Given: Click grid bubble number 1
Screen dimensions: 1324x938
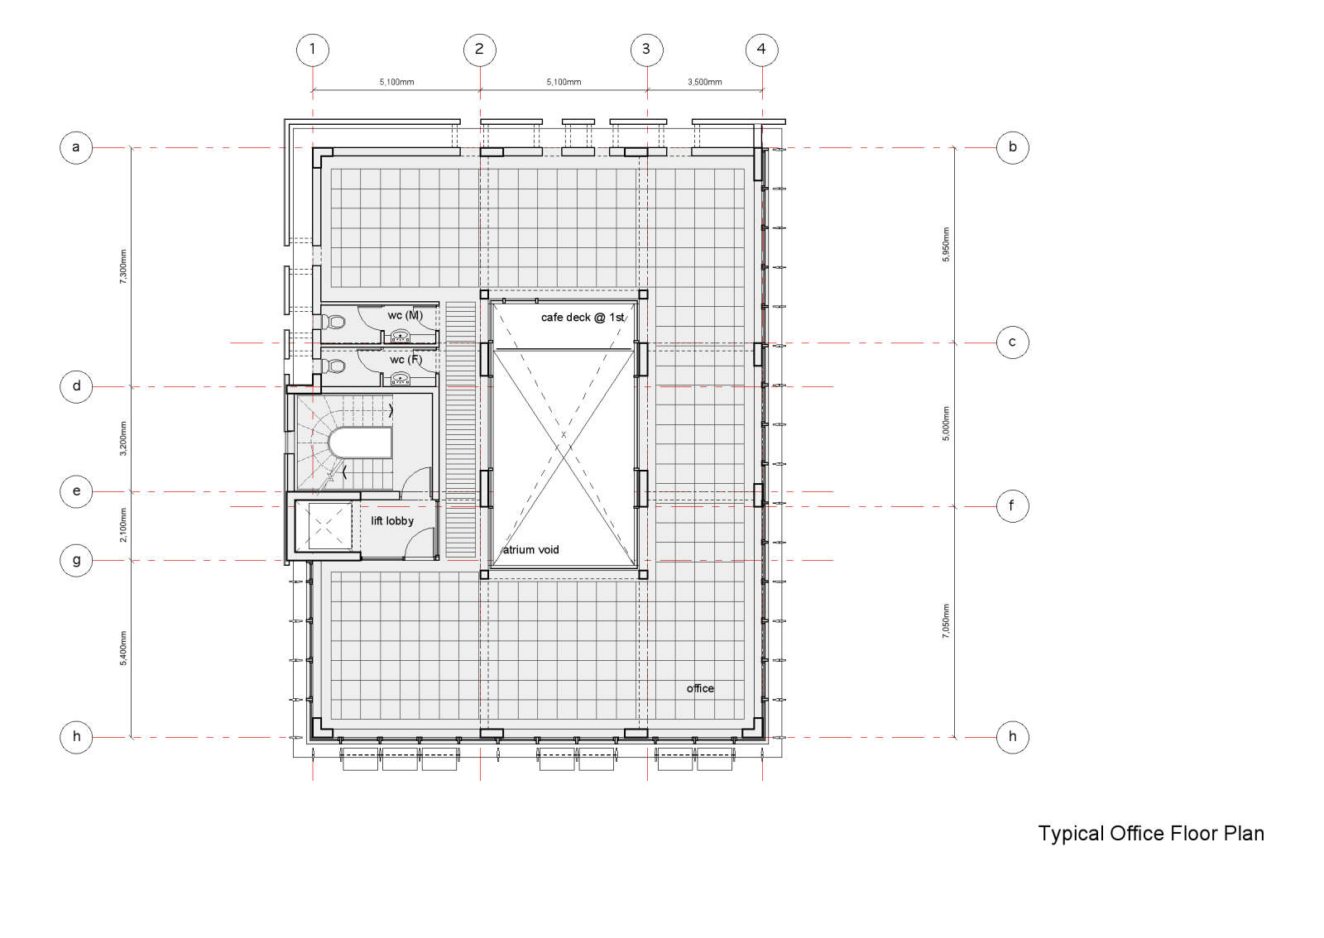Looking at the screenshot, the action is [313, 50].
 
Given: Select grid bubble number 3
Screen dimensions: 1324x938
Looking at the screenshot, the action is [646, 50].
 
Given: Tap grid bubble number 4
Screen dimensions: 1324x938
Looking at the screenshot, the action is [762, 50].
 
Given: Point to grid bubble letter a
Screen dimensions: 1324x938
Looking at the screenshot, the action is [76, 148].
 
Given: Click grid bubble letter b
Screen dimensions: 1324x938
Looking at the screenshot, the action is [1013, 148].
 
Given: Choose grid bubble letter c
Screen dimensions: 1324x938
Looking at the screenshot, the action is [1013, 342].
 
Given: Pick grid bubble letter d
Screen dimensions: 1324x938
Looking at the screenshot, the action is [76, 387].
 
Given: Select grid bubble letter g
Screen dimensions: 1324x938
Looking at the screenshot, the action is [76, 561].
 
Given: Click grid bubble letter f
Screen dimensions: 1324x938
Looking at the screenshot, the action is [1013, 506].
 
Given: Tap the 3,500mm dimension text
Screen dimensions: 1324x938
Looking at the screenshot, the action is [704, 82].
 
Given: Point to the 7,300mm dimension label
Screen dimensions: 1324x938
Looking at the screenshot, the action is [123, 266].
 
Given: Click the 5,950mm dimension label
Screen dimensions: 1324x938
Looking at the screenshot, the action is [946, 245].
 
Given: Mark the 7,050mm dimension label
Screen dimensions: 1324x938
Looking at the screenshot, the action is [946, 621].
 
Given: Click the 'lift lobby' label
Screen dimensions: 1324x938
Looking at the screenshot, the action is [392, 521].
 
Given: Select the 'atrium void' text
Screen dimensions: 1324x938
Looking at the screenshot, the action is [530, 550].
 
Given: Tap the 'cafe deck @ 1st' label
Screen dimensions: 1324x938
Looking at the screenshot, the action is [583, 317].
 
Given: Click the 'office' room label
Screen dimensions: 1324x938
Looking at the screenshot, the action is [700, 689].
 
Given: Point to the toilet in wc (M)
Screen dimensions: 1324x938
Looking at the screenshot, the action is [333, 322].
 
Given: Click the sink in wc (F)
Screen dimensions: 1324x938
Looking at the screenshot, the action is [401, 379].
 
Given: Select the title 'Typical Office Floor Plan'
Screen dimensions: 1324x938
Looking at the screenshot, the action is [1151, 834].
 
